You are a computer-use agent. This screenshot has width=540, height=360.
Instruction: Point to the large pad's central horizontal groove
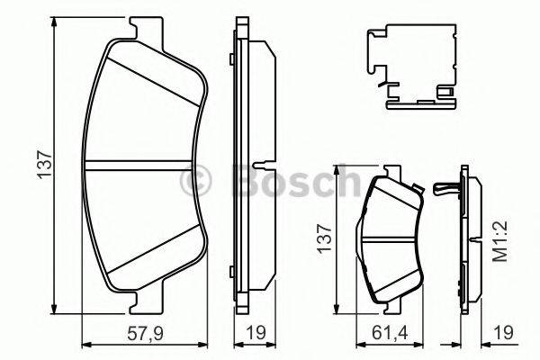coord(144,165)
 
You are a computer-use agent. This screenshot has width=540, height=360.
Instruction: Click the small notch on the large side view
coord(259,166)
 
